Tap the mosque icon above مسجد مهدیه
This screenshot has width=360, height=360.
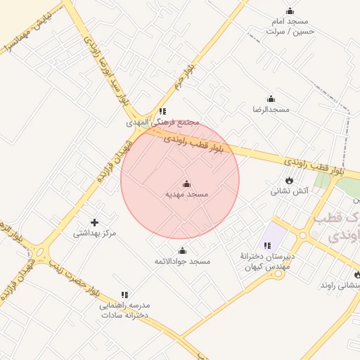[187, 183]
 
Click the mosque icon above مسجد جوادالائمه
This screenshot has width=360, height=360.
[183, 251]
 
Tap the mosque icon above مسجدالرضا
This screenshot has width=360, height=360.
[271, 99]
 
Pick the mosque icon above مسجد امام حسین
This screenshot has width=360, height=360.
[290, 11]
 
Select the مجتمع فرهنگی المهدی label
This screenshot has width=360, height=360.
[163, 122]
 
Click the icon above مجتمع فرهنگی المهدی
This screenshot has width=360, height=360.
[163, 111]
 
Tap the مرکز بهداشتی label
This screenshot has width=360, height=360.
[94, 233]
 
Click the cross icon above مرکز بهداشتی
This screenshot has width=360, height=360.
[94, 222]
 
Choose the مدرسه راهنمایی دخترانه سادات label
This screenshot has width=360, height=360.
[124, 310]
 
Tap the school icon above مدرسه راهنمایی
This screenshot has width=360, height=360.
[124, 295]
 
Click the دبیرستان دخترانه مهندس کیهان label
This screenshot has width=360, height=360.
[266, 260]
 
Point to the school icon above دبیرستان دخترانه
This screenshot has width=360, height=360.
[267, 245]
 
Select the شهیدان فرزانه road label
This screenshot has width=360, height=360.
[111, 161]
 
